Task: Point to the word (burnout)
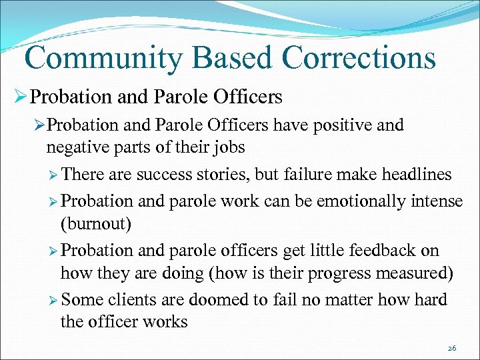pos(96,224)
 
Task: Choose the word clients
pos(129,299)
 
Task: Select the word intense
pos(437,200)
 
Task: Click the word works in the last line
pos(164,323)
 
